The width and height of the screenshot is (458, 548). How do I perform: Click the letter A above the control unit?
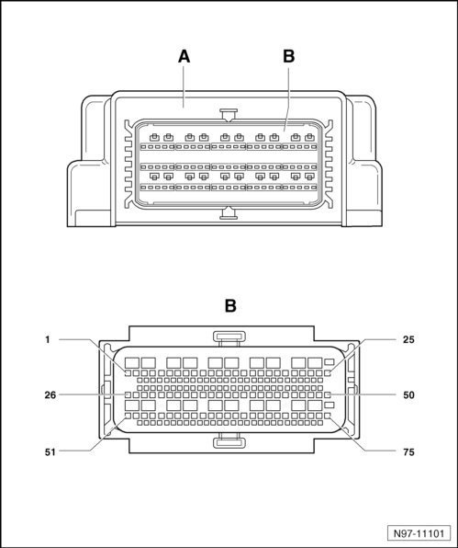(184, 57)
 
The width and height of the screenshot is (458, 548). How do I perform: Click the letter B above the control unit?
(289, 57)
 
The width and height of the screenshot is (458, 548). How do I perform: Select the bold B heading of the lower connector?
(230, 306)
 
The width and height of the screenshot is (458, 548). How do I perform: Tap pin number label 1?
(48, 339)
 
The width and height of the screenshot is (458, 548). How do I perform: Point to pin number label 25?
(408, 339)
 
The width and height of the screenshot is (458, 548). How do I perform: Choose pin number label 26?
(50, 395)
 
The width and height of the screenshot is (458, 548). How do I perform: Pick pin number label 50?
(408, 395)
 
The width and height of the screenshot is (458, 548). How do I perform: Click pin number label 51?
(50, 451)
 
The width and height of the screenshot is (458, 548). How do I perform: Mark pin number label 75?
(408, 451)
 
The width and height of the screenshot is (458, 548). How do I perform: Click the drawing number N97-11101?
(419, 533)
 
